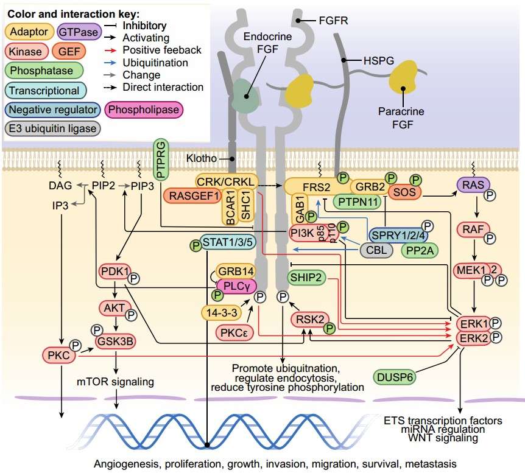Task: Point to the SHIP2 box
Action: [x=307, y=278]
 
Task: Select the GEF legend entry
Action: [x=72, y=52]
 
